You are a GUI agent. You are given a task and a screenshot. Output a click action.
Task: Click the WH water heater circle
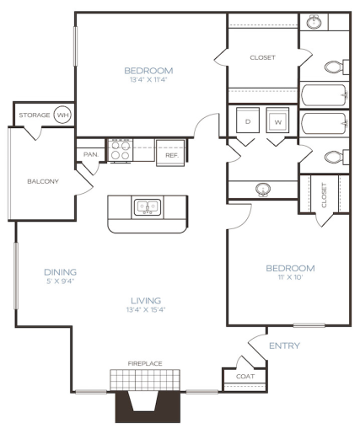point(62,115)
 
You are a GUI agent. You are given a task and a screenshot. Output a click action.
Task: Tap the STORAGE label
point(34,115)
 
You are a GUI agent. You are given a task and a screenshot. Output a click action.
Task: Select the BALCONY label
point(42,181)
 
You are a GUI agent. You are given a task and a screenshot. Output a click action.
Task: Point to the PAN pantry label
point(90,155)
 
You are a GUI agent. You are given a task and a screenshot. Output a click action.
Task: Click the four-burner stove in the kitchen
point(119,150)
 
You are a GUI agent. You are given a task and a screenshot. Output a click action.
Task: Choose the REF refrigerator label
point(171,155)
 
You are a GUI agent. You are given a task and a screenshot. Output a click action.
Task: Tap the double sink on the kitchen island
point(145,206)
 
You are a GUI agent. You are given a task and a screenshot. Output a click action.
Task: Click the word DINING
point(61,272)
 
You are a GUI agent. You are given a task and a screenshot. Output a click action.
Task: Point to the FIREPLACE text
point(145,363)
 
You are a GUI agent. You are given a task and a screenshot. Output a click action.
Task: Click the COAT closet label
point(245,377)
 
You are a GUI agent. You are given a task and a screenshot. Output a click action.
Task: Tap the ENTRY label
point(284,346)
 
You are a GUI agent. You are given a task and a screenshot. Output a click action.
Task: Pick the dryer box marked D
point(248,121)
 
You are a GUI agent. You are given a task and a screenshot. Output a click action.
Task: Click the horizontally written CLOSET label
point(262,58)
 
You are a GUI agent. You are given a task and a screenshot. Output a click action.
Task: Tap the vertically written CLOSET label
point(325,195)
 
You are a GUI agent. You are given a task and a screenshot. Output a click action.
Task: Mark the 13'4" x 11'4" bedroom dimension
point(148,79)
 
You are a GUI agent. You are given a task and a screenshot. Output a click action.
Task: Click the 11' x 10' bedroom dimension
point(290,278)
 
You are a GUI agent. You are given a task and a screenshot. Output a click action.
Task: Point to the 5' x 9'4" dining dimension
point(61,282)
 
